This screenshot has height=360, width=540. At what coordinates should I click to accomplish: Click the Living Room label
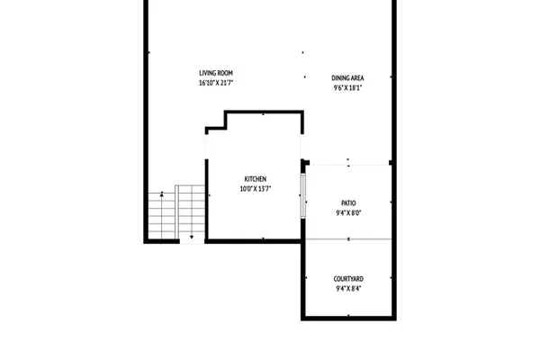(216, 73)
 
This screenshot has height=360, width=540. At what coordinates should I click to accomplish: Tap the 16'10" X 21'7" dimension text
(216, 83)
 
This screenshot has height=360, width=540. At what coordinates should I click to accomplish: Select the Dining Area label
(347, 78)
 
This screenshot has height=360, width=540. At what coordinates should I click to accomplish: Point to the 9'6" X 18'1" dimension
(347, 87)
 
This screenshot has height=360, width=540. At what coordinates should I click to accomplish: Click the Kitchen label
(256, 179)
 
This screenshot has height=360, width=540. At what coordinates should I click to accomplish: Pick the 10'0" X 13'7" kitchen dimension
(256, 188)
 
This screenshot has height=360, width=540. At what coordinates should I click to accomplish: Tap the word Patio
(348, 202)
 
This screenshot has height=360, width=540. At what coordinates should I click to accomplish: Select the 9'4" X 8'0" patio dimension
(348, 212)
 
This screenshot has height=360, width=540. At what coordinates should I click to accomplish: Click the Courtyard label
(348, 279)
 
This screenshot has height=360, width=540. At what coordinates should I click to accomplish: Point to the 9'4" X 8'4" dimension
(348, 288)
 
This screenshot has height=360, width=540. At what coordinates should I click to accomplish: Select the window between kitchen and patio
(303, 195)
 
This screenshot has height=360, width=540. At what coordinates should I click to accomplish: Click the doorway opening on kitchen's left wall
(207, 147)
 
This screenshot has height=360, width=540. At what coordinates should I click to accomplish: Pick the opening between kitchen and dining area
(302, 147)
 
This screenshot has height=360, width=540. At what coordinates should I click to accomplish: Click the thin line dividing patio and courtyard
(348, 238)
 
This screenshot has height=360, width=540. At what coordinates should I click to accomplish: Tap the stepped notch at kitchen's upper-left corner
(216, 121)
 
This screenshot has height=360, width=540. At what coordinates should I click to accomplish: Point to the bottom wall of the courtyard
(348, 318)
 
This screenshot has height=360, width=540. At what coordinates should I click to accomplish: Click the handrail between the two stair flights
(176, 212)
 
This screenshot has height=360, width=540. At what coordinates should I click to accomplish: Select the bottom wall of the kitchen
(253, 241)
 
